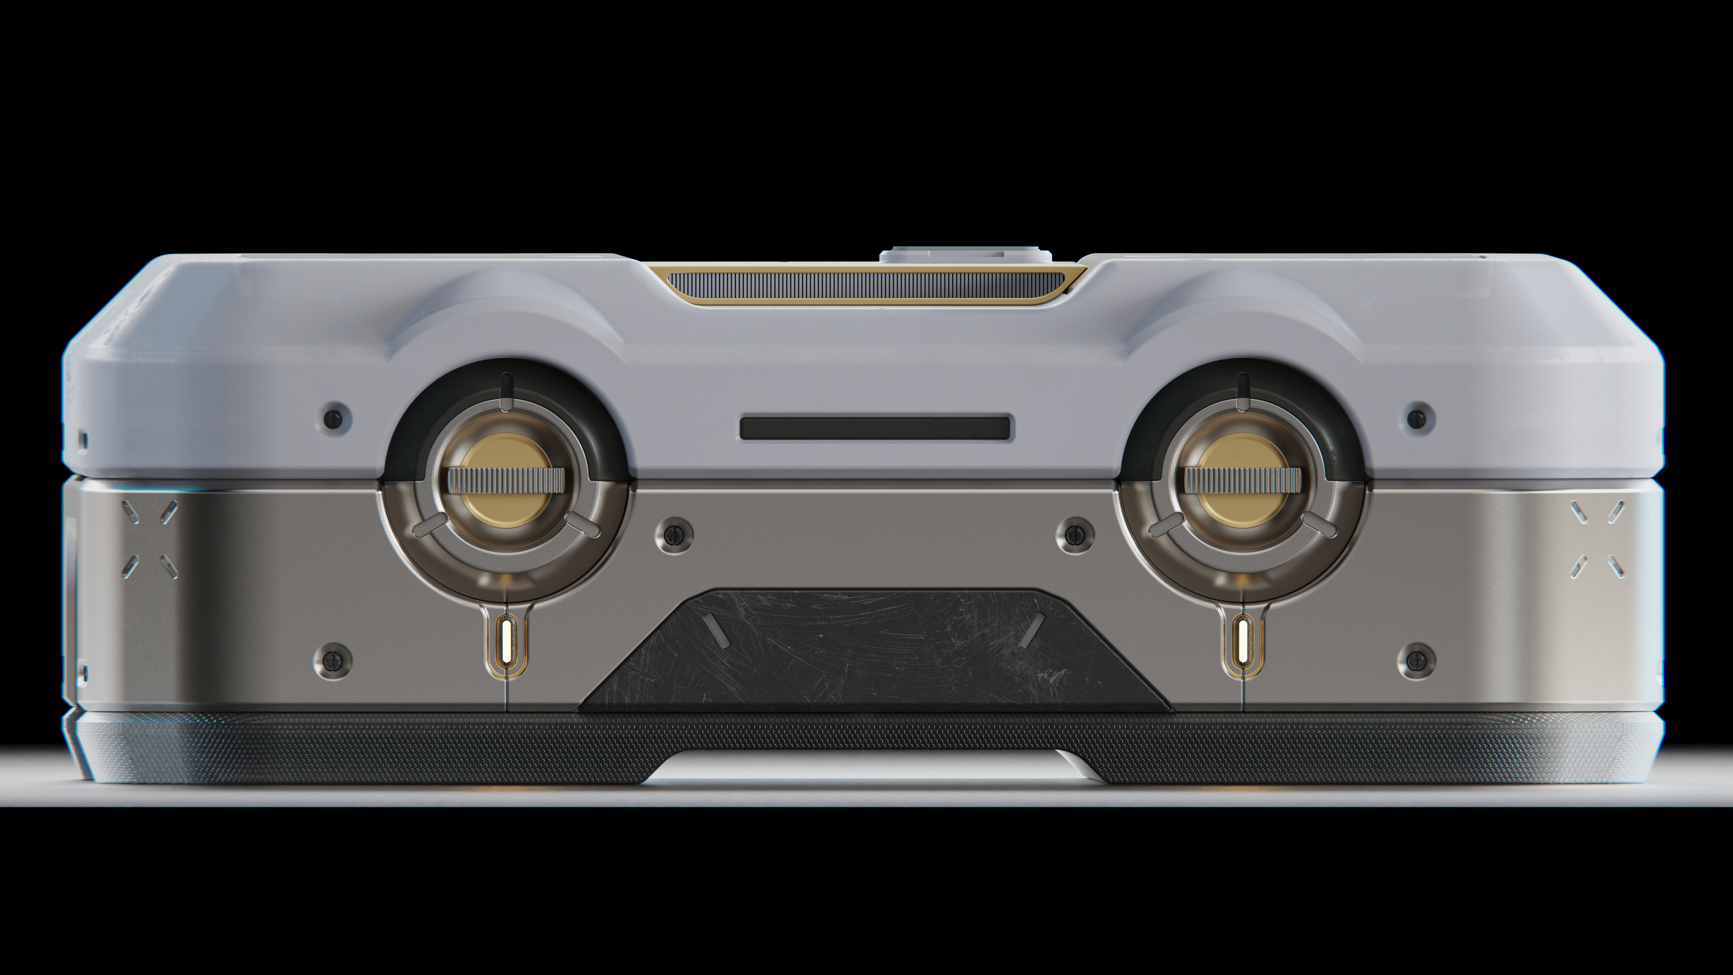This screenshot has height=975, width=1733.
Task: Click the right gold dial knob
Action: pos(1242,505)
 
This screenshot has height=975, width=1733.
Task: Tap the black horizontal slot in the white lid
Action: pos(875,428)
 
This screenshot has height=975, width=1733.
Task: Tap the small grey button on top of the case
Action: pos(965,255)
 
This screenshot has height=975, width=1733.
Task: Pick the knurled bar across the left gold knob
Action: pos(506,480)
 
